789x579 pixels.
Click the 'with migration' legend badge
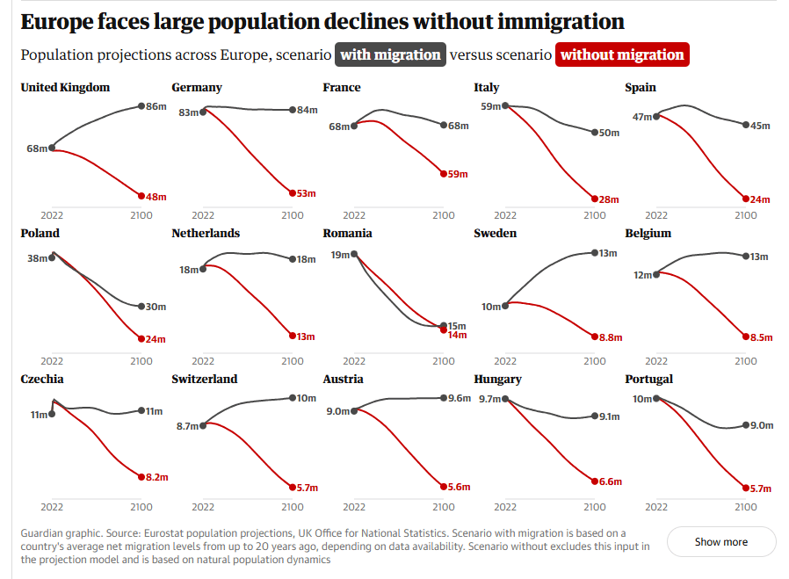coord(390,54)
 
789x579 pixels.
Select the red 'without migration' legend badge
coord(622,54)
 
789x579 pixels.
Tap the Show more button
coord(721,542)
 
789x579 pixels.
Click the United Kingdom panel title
coord(65,87)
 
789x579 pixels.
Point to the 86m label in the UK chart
coord(156,106)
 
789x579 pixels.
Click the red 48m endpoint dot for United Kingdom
coord(141,196)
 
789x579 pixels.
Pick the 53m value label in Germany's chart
coord(306,193)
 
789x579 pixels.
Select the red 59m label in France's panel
coord(457,174)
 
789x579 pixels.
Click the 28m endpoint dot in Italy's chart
coord(595,199)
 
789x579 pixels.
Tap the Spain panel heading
coord(641,87)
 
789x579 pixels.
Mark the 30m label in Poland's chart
coord(156,307)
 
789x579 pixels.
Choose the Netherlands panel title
coord(206,233)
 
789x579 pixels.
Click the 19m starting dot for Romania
coord(354,255)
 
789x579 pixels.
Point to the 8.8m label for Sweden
coord(611,337)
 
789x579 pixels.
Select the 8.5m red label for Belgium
coord(761,337)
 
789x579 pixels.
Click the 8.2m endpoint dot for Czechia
coord(141,477)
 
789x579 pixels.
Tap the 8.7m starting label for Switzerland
coord(186,425)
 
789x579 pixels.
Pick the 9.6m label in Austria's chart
coord(460,398)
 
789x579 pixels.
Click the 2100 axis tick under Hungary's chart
coord(595,507)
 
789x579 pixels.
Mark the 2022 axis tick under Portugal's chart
coord(656,507)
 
